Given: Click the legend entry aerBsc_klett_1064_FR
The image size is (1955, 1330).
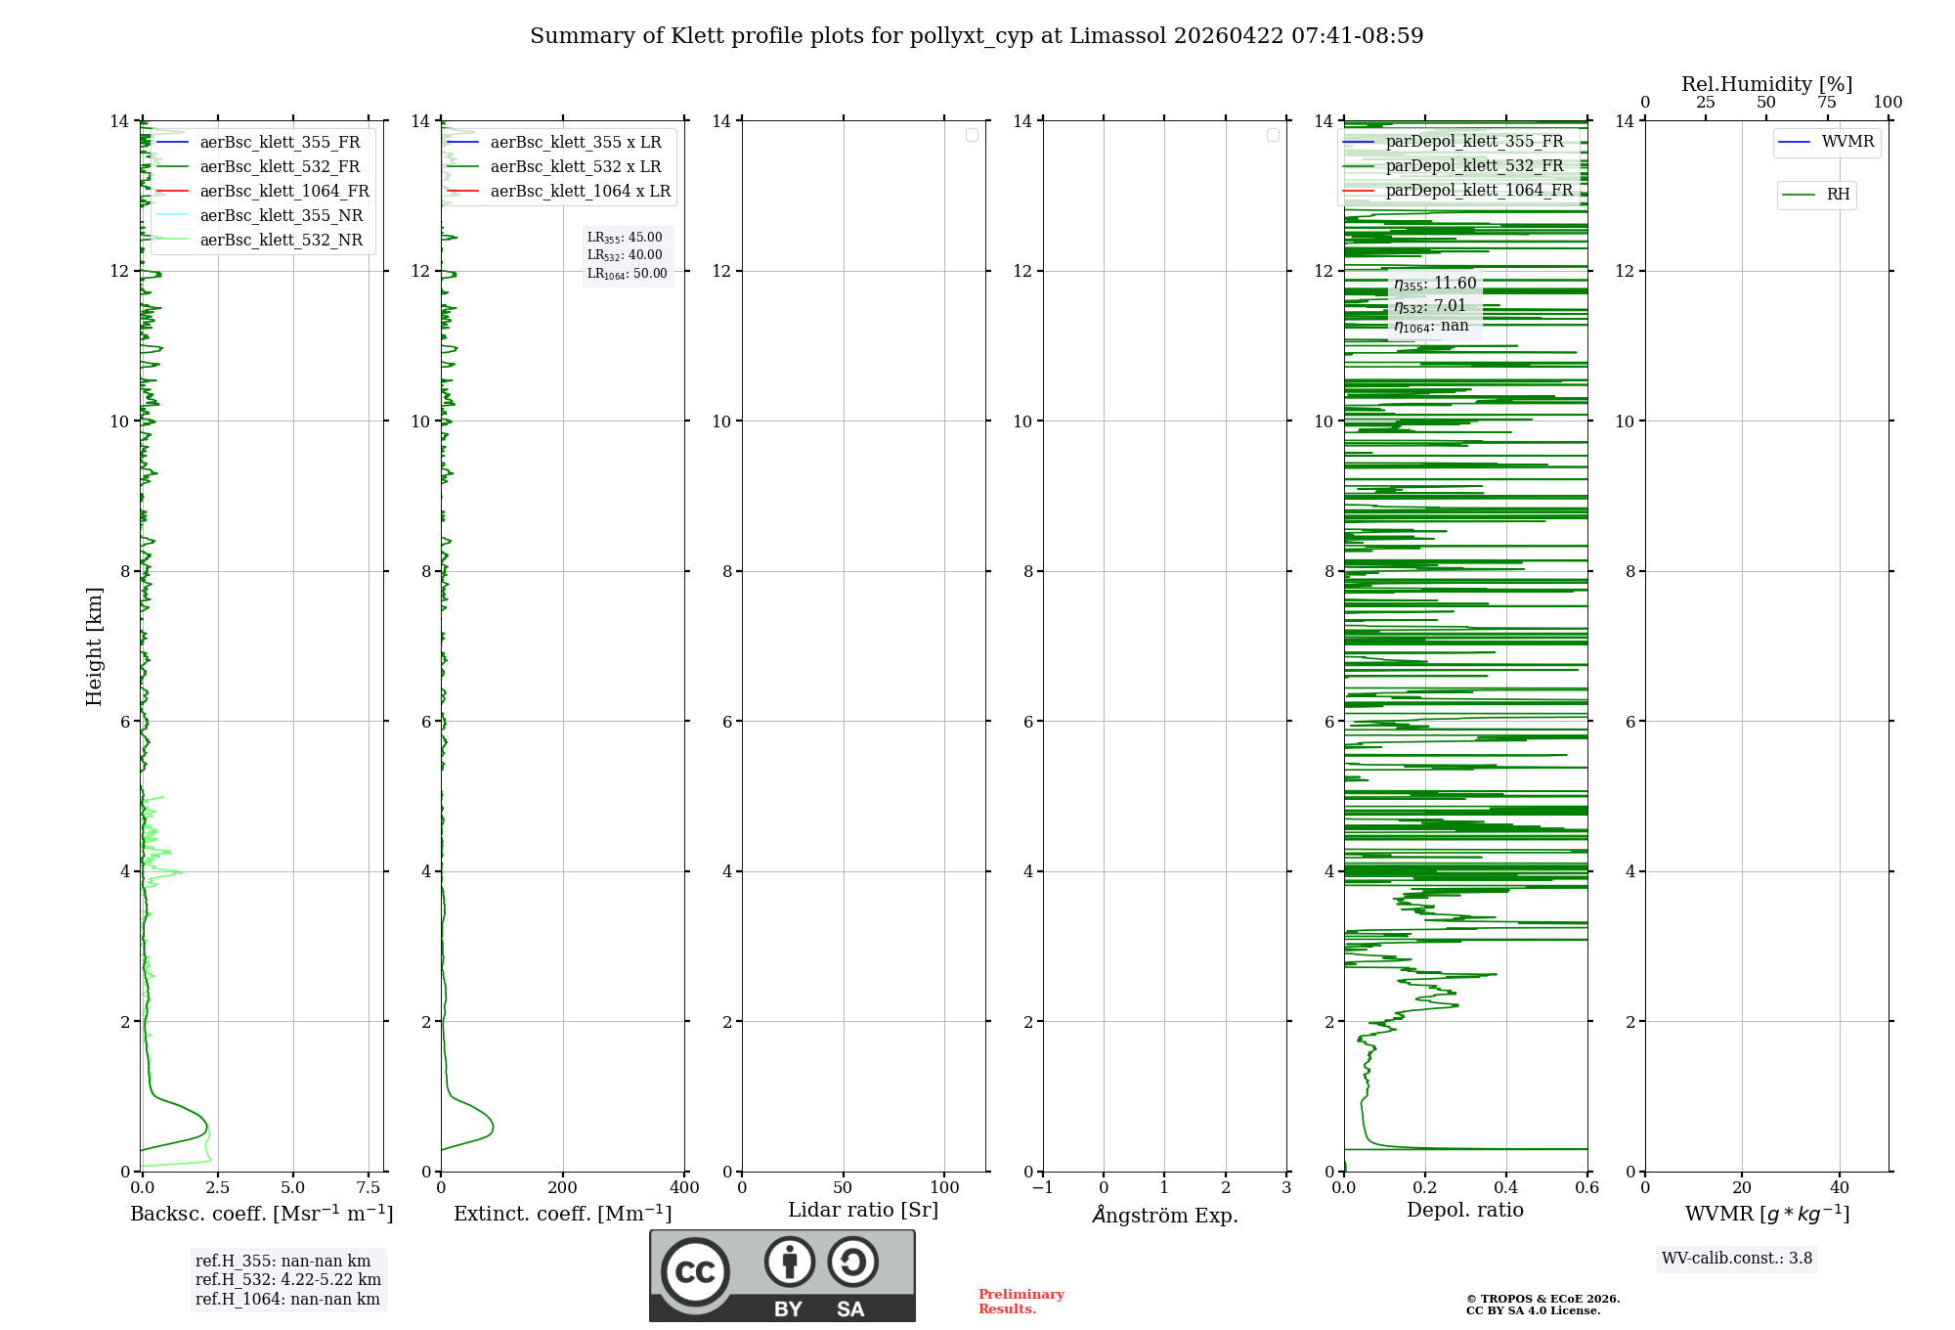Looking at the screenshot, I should click(x=283, y=191).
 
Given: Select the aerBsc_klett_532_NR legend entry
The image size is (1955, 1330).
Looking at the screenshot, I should click(x=281, y=240).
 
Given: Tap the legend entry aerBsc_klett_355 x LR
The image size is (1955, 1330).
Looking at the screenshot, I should click(x=575, y=142).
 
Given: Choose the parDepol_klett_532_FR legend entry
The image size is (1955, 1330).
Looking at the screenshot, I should click(x=1474, y=165).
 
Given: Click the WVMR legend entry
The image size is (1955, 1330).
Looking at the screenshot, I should click(x=1847, y=142).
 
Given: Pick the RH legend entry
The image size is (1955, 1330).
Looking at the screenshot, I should click(x=1838, y=195).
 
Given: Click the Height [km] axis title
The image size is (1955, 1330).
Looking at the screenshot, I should click(x=94, y=645).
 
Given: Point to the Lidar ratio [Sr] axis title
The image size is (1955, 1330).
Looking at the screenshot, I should click(x=863, y=1210).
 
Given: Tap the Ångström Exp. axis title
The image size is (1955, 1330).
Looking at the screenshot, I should click(x=1165, y=1215).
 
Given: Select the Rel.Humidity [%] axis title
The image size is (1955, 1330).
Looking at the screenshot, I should click(x=1766, y=84).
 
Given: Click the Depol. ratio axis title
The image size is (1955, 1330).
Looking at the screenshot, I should click(x=1464, y=1210).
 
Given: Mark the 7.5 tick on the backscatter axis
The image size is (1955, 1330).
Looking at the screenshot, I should click(x=369, y=1187).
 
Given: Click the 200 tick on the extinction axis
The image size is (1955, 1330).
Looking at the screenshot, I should click(x=563, y=1187).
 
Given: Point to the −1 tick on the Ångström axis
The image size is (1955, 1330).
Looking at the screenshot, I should click(x=1043, y=1187).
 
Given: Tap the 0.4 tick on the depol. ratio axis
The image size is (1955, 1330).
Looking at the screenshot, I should click(x=1506, y=1187).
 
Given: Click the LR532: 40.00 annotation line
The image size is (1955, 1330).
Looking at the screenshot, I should click(x=625, y=255).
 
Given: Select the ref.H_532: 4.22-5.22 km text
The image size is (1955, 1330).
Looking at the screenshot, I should click(x=288, y=1279).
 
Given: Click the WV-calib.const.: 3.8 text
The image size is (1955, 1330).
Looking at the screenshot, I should click(x=1737, y=1258).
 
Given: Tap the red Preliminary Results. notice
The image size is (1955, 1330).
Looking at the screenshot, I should click(x=1021, y=1301).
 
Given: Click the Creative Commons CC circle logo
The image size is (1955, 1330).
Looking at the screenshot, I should click(x=695, y=1272).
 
